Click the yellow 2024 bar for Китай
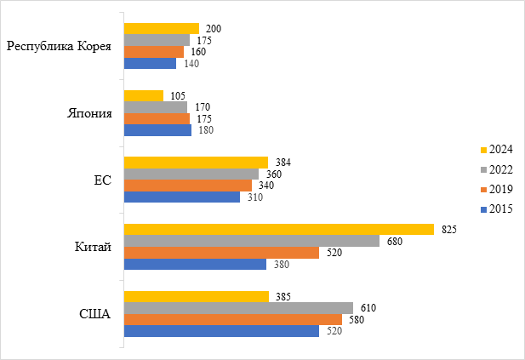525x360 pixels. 278,230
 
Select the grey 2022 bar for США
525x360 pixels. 238,308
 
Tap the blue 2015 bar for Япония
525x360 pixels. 157,130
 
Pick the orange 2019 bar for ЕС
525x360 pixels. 188,186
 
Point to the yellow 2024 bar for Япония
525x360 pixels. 143,96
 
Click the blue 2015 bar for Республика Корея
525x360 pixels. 150,63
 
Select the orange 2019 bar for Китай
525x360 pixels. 221,253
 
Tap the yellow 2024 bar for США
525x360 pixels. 197,296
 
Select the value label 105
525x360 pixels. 178,96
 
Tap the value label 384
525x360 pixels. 282,163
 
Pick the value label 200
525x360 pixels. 213,29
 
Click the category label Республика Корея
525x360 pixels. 60,46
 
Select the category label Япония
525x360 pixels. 88,113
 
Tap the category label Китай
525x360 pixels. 90,248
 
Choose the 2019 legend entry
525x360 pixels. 496,189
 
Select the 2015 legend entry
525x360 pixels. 496,209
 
